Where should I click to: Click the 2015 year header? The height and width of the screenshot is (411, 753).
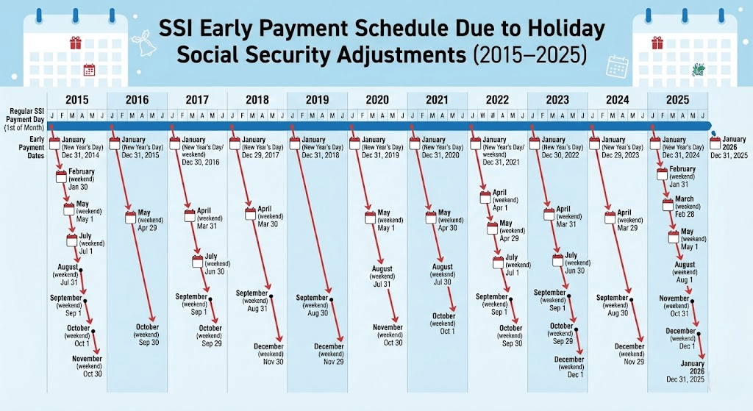tap(76, 100)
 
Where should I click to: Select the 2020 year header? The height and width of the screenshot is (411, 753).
tap(376, 100)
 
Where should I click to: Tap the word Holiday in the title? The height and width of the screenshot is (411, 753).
tap(560, 30)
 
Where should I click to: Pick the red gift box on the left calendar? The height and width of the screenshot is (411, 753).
tap(75, 43)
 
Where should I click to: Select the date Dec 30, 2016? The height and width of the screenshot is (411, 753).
tap(200, 162)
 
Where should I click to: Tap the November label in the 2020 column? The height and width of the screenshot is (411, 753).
tap(388, 328)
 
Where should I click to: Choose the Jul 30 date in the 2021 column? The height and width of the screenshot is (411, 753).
tap(443, 282)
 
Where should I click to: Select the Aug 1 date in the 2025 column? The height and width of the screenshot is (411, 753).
tap(685, 280)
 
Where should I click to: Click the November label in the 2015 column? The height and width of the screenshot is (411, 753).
tap(88, 359)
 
